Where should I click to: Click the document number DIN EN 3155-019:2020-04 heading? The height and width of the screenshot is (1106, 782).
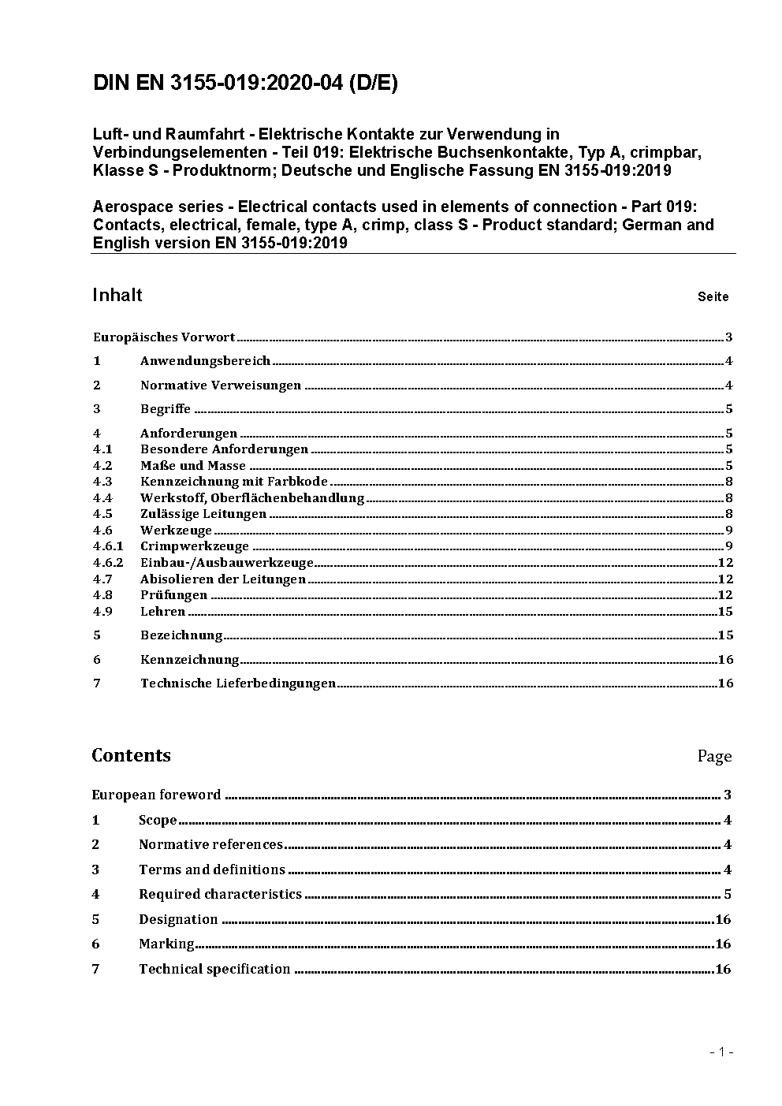pyautogui.click(x=245, y=84)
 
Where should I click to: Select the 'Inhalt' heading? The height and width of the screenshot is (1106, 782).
pyautogui.click(x=117, y=295)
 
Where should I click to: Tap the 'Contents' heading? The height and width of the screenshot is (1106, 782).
pyautogui.click(x=131, y=755)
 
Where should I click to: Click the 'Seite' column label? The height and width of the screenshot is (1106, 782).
pyautogui.click(x=713, y=297)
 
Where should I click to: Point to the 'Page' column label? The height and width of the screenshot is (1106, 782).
pyautogui.click(x=714, y=756)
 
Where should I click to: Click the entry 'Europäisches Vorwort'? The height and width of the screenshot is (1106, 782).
pyautogui.click(x=164, y=337)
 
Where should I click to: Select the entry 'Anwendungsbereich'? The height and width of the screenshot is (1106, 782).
pyautogui.click(x=205, y=361)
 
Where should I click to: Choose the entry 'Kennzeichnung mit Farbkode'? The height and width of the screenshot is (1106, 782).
pyautogui.click(x=233, y=482)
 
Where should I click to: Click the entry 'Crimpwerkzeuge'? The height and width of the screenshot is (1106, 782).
pyautogui.click(x=194, y=546)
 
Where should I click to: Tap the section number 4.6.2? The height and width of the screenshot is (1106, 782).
pyautogui.click(x=108, y=563)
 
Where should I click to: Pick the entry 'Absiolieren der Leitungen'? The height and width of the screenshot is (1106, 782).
pyautogui.click(x=222, y=579)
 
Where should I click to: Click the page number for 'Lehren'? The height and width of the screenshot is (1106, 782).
pyautogui.click(x=725, y=612)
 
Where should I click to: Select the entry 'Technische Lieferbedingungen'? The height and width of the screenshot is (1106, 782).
pyautogui.click(x=238, y=683)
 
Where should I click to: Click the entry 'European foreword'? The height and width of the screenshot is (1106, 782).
pyautogui.click(x=156, y=795)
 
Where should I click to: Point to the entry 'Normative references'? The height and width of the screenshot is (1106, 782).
pyautogui.click(x=210, y=845)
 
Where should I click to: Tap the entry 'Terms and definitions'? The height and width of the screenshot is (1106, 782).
pyautogui.click(x=212, y=870)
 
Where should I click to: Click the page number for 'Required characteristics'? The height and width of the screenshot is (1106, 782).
pyautogui.click(x=728, y=895)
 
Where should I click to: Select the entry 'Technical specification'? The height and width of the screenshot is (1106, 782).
pyautogui.click(x=214, y=970)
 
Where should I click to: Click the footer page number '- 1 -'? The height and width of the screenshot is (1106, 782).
pyautogui.click(x=721, y=1052)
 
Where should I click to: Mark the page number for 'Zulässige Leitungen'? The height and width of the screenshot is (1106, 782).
pyautogui.click(x=729, y=514)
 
